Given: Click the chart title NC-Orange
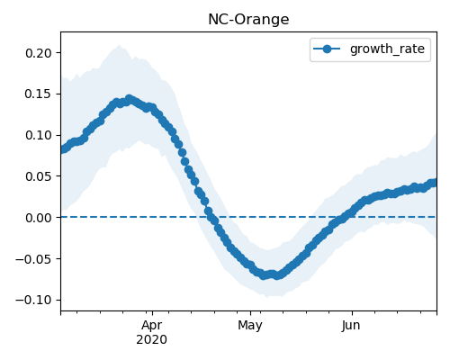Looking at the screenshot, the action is click(248, 20).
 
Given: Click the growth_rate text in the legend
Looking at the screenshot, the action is click(387, 49).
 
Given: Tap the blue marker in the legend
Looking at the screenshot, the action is click(327, 49).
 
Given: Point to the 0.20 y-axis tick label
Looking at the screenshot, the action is click(39, 53).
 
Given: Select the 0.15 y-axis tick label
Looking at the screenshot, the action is click(39, 94).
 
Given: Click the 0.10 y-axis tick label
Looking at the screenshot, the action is click(39, 135).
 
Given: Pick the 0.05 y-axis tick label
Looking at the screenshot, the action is click(39, 176).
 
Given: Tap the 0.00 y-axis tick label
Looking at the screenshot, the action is click(39, 218).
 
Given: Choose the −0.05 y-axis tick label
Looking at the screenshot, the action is click(33, 258).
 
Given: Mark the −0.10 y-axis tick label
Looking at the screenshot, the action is click(33, 300).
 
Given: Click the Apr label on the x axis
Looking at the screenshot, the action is click(152, 326).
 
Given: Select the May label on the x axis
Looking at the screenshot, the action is click(250, 326).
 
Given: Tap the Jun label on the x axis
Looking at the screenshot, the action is click(351, 326).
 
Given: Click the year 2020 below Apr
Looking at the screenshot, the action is click(152, 339).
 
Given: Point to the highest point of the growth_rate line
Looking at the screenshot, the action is click(129, 99).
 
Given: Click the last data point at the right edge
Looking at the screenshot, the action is click(434, 183).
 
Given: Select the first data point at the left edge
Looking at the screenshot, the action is click(63, 149).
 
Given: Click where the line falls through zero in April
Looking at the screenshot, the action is click(210, 217).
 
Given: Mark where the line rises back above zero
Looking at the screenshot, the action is click(346, 217).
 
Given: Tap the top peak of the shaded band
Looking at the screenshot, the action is click(120, 45).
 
